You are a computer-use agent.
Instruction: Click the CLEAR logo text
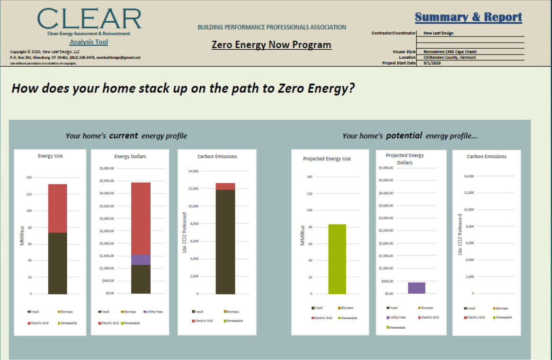pos(89,19)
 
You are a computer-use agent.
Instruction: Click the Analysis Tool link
pos(89,42)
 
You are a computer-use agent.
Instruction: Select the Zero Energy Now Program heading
pos(271,45)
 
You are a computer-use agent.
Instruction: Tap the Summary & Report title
pos(468,18)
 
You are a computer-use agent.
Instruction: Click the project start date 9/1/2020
pos(432,63)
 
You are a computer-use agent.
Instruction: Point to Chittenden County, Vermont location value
pos(449,57)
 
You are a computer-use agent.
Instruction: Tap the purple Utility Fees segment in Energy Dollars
pos(141,260)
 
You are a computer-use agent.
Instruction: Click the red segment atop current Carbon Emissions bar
pos(225,186)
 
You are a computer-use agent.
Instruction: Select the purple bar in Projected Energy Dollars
pos(417,288)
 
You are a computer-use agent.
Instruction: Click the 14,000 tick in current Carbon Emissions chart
pos(193,171)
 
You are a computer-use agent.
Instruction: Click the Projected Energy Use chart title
pos(327,159)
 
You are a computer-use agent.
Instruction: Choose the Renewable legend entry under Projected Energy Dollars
pos(397,327)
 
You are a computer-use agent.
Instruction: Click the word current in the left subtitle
pos(124,136)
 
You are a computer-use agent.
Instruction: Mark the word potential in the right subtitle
pos(404,136)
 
